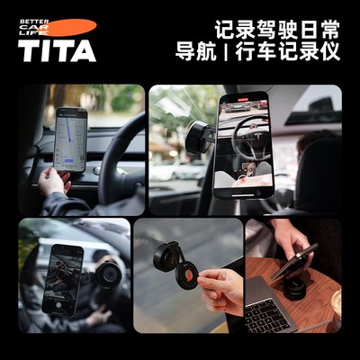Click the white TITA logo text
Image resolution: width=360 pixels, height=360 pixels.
(x=57, y=50)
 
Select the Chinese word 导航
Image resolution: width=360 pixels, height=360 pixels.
(x=195, y=51)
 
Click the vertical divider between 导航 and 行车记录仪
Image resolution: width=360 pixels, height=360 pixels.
(x=228, y=51)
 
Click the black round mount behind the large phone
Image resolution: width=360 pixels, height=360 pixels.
(x=197, y=136)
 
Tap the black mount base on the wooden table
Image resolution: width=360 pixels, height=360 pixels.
(x=296, y=288)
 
